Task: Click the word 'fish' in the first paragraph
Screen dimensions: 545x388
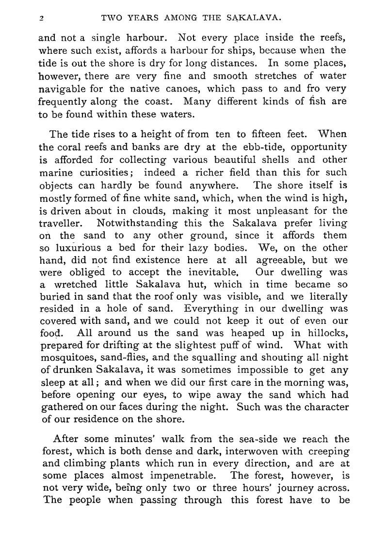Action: (x=320, y=101)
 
